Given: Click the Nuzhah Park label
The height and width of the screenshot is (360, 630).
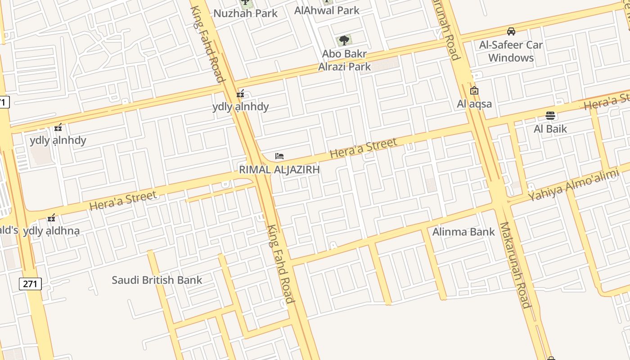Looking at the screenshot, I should pos(245,13).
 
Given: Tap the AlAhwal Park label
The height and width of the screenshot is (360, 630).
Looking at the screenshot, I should pos(327,10).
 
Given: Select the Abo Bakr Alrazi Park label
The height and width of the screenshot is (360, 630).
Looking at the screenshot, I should pos(344,60).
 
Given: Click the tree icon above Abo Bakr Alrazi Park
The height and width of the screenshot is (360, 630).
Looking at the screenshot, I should pos(344,40).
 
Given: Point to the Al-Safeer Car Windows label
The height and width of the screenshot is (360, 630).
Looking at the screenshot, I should pos(511,51).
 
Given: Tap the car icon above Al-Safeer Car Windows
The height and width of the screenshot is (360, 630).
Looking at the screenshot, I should pos(511,31).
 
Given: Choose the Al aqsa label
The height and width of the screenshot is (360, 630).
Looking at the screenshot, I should pos(474,104).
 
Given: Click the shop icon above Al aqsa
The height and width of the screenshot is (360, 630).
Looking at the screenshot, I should pos(474,90).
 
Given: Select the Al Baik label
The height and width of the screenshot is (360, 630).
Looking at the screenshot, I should pos(550,129).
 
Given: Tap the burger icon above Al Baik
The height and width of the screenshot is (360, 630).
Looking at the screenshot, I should pos(550,116).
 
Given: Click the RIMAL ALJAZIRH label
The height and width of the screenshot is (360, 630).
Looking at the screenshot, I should pos(279,170).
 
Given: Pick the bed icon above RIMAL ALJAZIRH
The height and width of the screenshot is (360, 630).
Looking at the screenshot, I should pos(279,156).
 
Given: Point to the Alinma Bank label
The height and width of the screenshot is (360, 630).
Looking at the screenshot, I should pos(463,232).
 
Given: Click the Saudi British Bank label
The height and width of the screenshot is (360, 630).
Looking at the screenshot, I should pos(157,280).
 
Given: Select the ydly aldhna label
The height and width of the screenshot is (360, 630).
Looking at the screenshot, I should pos(51,231).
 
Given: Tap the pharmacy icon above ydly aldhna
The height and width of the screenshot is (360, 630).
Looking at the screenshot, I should pos(51,218).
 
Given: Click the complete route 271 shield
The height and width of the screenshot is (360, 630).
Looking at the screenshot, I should pos(30,284).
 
